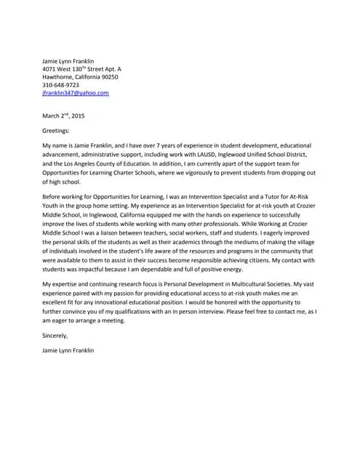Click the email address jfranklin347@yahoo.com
(x=76, y=93)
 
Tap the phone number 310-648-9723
(x=62, y=85)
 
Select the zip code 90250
(x=107, y=76)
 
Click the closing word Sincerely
(x=55, y=335)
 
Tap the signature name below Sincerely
(x=68, y=350)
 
